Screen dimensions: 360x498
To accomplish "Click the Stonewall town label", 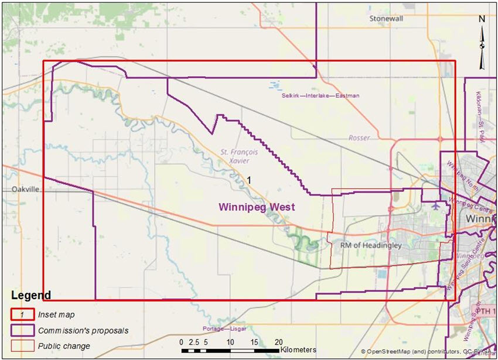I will pyautogui.click(x=386, y=19).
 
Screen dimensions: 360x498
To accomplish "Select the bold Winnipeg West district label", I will pyautogui.click(x=257, y=207).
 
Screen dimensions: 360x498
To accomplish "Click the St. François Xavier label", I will pyautogui.click(x=240, y=156).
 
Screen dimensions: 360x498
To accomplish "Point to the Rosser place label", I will pyautogui.click(x=359, y=138).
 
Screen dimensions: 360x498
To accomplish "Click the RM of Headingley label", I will pyautogui.click(x=372, y=246).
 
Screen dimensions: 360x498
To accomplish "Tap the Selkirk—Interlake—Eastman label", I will pyautogui.click(x=320, y=95).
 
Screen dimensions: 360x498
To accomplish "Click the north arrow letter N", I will pyautogui.click(x=482, y=19).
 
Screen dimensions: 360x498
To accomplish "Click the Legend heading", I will pyautogui.click(x=30, y=295).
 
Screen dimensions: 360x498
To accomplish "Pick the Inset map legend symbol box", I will pyautogui.click(x=22, y=315).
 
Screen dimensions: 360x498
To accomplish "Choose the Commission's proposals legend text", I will pyautogui.click(x=83, y=331).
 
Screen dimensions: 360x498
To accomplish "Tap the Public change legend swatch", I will pyautogui.click(x=22, y=346).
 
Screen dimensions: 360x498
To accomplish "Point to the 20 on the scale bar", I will pyautogui.click(x=278, y=342).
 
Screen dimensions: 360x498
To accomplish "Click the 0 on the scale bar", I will pyautogui.click(x=182, y=342).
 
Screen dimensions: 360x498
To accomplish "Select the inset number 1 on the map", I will pyautogui.click(x=249, y=180).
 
